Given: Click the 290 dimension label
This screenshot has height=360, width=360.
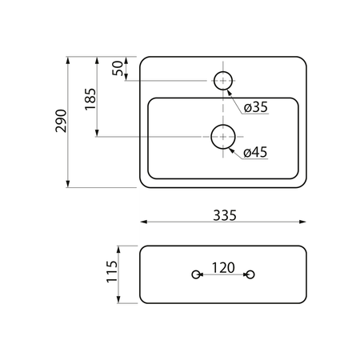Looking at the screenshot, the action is pos(61,121).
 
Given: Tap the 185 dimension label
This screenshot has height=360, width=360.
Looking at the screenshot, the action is pos(90,99).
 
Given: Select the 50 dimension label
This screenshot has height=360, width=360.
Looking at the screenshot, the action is pos(118,68).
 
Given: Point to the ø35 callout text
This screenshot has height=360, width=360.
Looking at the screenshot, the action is pos(256,107).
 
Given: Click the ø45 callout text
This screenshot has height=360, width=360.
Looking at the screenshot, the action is pos(255,152).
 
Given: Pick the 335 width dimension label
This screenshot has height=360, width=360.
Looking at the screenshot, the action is pos(225,215).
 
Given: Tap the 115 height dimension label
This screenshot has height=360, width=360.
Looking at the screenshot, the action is pos(112,271).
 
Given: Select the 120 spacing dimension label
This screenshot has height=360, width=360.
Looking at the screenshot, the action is pos(223,268).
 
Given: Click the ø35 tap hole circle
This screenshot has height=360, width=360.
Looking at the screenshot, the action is pos(223,71).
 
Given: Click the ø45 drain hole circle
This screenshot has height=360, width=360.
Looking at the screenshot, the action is pos(223,125).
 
